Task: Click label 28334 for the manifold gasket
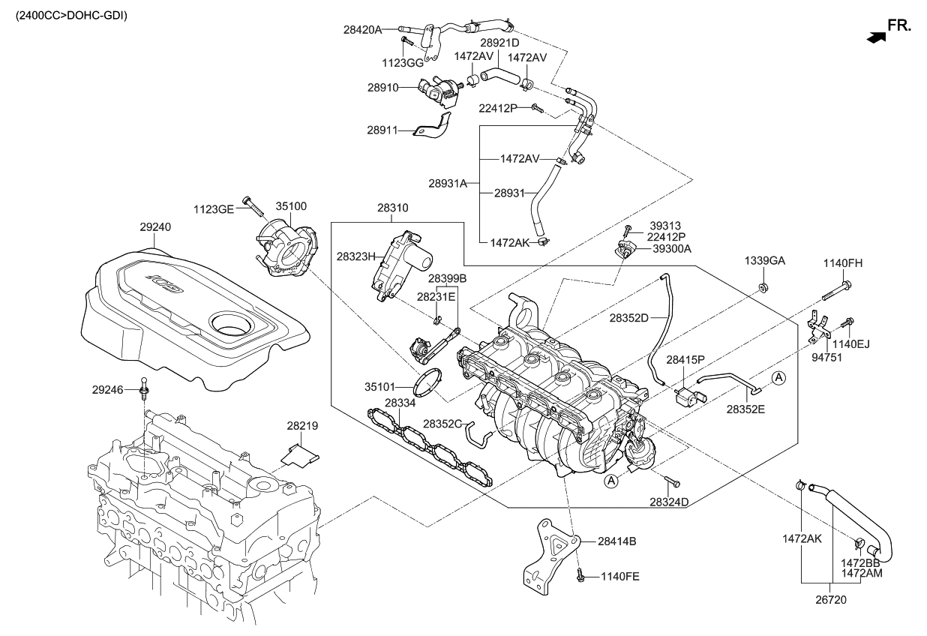[400, 403]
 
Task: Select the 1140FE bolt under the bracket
[580, 576]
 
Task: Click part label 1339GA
[764, 260]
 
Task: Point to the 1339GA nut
[763, 287]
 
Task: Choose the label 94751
[828, 358]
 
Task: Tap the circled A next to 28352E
[778, 378]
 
